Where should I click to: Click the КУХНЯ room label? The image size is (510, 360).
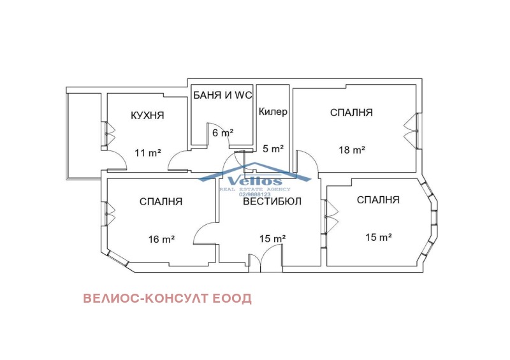pyautogui.click(x=147, y=115)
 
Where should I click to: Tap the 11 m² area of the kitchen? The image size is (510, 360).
pyautogui.click(x=147, y=152)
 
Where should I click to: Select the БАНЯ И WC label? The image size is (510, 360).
pyautogui.click(x=222, y=96)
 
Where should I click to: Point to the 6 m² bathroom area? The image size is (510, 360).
pyautogui.click(x=222, y=133)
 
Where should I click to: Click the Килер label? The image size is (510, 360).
pyautogui.click(x=273, y=112)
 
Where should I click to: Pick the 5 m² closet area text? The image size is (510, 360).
pyautogui.click(x=273, y=148)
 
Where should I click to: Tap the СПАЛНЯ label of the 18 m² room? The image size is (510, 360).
pyautogui.click(x=351, y=112)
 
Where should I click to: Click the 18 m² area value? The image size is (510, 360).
pyautogui.click(x=351, y=150)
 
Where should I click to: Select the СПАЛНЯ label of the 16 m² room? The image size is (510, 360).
pyautogui.click(x=161, y=201)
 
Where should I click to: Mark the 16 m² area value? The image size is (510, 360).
pyautogui.click(x=161, y=239)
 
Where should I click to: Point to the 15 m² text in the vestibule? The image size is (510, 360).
pyautogui.click(x=272, y=239)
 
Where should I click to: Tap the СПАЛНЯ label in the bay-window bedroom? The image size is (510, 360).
pyautogui.click(x=378, y=199)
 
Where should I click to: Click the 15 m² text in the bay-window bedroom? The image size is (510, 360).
pyautogui.click(x=378, y=237)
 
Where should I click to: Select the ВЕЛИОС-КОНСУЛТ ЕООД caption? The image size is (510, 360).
pyautogui.click(x=167, y=298)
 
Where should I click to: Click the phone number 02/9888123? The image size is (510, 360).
pyautogui.click(x=255, y=194)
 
